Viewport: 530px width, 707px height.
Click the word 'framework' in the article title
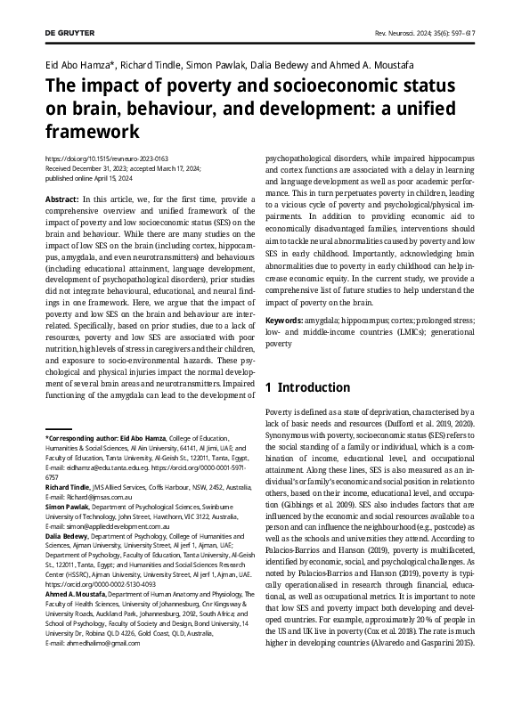pos(93,131)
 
